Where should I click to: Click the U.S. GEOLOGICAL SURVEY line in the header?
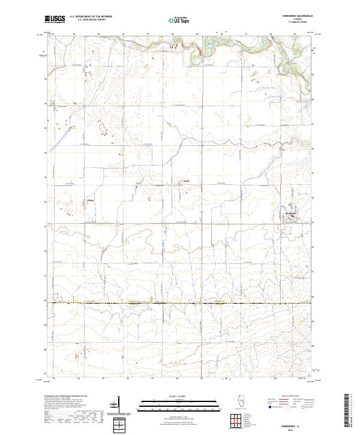tap(88, 20)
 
